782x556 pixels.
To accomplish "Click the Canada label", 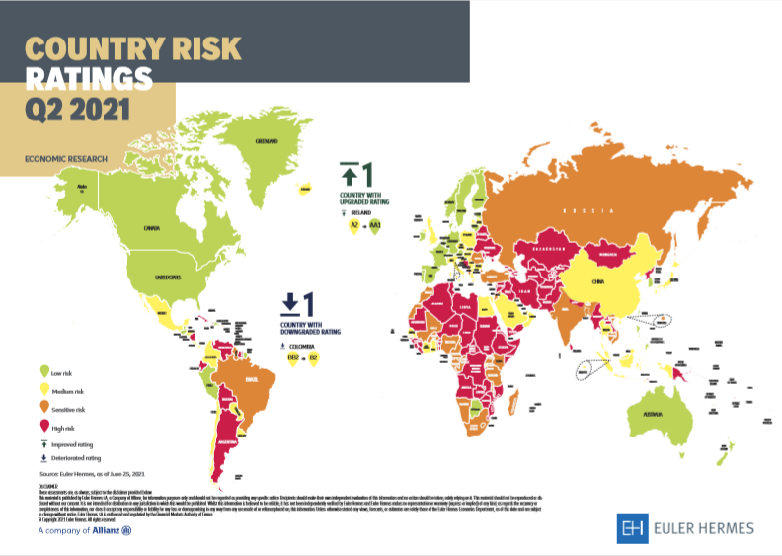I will (x=151, y=228).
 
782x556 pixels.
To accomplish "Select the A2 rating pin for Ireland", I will (x=352, y=226).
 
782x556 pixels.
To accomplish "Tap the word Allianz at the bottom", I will (x=103, y=530).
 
